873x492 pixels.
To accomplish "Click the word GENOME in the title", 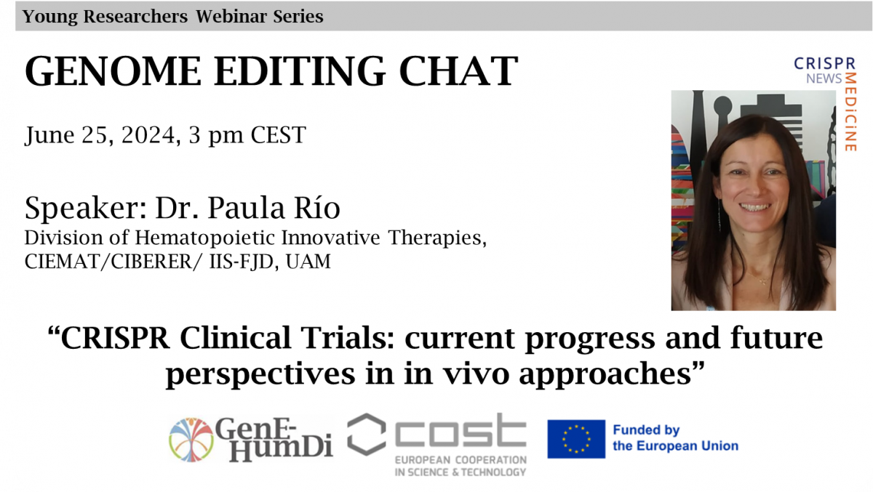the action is click(x=113, y=71).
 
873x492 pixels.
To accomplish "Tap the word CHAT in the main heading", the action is click(x=458, y=71).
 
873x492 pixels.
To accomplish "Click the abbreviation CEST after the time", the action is click(x=278, y=135).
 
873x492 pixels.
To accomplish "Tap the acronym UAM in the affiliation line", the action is click(x=308, y=261).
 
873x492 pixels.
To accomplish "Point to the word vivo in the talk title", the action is click(x=476, y=374).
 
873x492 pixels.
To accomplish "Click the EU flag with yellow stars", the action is click(x=576, y=439).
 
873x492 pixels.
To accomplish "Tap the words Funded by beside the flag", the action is click(x=646, y=430).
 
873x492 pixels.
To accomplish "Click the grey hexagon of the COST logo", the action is click(x=367, y=434).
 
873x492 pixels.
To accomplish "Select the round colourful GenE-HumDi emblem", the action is click(x=191, y=440).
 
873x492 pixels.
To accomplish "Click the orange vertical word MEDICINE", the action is click(x=850, y=112).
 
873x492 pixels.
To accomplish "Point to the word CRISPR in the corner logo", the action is click(x=825, y=63).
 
